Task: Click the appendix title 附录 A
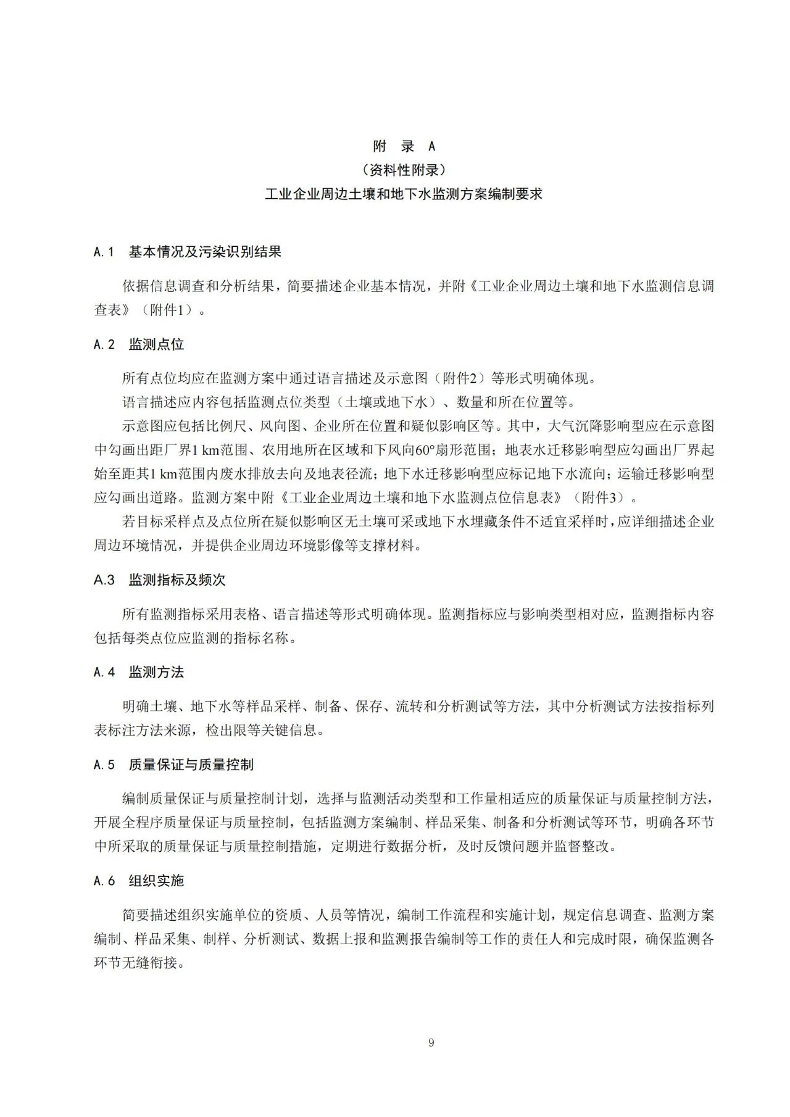[x=404, y=146]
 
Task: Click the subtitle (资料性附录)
[x=404, y=170]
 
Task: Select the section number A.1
[x=104, y=252]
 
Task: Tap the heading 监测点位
[x=156, y=344]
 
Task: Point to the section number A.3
[x=104, y=580]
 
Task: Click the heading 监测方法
[x=156, y=672]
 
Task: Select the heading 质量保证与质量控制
[x=191, y=765]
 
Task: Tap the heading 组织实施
[x=156, y=881]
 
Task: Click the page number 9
[x=431, y=1043]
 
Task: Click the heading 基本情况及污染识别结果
[x=205, y=252]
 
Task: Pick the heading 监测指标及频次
[x=177, y=580]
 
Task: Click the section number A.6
[x=104, y=881]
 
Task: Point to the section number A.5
[x=104, y=765]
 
